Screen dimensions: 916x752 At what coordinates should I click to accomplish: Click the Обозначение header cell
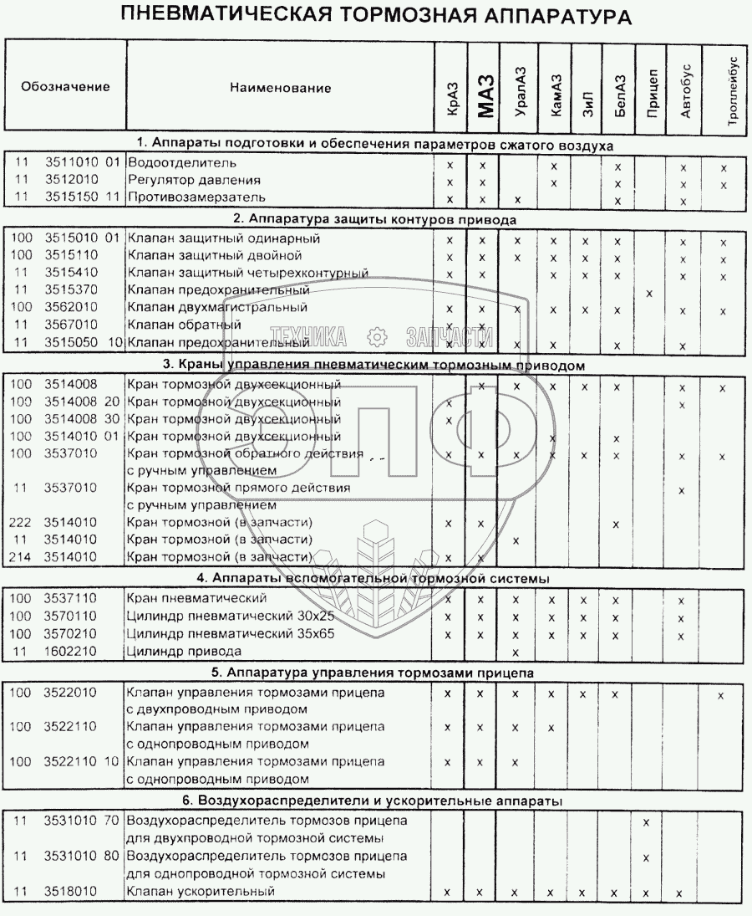(65, 87)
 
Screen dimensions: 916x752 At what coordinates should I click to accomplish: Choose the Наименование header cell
(280, 88)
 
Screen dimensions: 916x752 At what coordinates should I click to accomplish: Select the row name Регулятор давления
(194, 181)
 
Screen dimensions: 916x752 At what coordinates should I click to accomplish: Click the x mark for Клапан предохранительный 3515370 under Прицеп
(649, 293)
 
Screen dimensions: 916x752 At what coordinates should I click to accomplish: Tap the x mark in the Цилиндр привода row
(516, 652)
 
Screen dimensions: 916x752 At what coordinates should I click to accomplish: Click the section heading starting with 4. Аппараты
(376, 578)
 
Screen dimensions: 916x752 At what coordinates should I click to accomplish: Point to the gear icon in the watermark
(376, 337)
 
